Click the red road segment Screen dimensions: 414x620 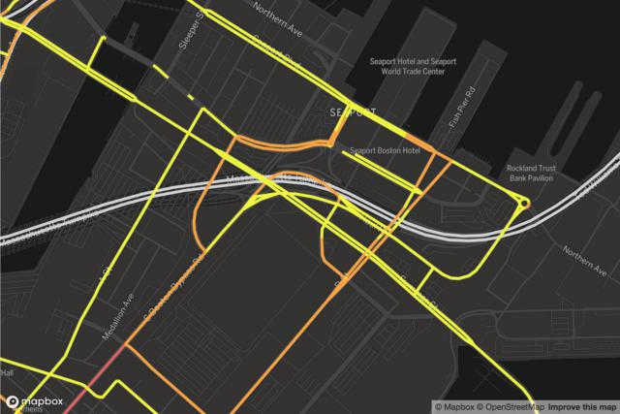pyautogui.click(x=92, y=379)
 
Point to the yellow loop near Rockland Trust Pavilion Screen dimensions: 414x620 pyautogui.click(x=524, y=203)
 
